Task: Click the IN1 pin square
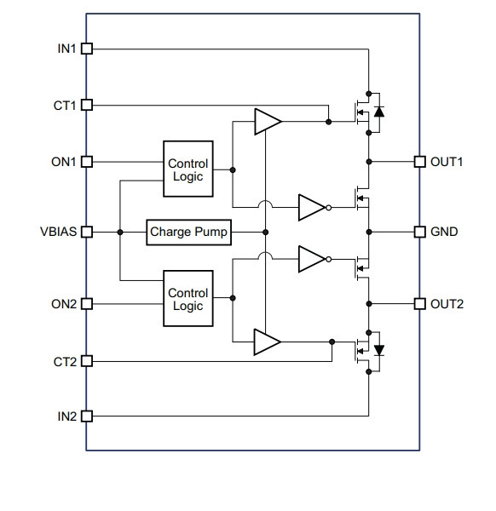click(x=87, y=49)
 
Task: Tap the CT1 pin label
click(x=65, y=106)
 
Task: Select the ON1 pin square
click(x=87, y=162)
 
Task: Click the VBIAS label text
click(x=58, y=232)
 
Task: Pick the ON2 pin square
click(x=87, y=304)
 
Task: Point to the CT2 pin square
click(x=87, y=361)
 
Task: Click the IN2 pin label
click(x=67, y=416)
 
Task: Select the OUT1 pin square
click(x=420, y=162)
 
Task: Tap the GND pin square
click(x=420, y=232)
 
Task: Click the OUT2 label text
click(x=447, y=304)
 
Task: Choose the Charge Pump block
click(x=189, y=233)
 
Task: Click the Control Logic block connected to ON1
click(x=188, y=169)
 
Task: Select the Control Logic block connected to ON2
click(x=188, y=298)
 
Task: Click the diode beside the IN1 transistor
click(x=379, y=112)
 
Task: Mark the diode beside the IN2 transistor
click(x=379, y=351)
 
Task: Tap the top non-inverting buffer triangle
click(x=268, y=122)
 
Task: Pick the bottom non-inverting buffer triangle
click(x=268, y=342)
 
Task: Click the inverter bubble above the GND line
click(x=329, y=208)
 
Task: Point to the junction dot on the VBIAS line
click(x=120, y=232)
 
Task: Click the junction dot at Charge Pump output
click(x=265, y=232)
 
